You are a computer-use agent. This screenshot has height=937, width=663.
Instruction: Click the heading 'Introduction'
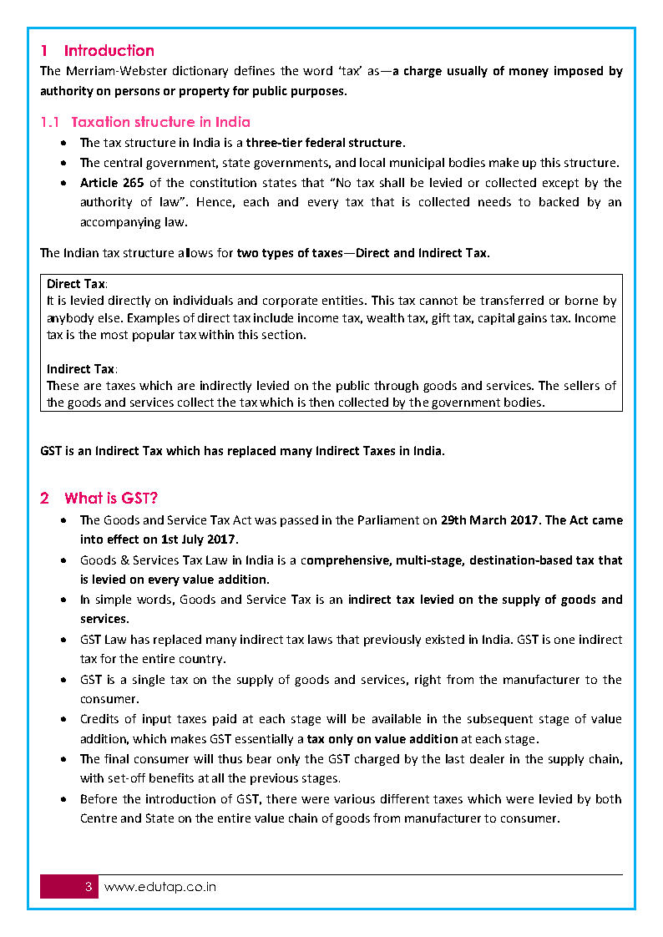109,51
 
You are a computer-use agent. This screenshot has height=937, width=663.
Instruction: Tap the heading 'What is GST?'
111,499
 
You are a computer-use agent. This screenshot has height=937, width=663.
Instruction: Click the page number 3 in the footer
89,887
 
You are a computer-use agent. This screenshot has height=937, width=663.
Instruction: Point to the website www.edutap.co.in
159,887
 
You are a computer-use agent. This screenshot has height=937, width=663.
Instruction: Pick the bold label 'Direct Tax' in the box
76,284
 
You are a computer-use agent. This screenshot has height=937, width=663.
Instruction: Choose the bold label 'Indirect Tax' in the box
81,369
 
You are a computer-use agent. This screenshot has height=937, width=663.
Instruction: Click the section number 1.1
49,123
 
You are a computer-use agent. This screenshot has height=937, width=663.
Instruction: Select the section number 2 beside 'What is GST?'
44,499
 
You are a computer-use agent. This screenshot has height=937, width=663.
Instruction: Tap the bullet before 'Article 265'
64,183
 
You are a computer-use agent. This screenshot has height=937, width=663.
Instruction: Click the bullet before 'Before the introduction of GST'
64,799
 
